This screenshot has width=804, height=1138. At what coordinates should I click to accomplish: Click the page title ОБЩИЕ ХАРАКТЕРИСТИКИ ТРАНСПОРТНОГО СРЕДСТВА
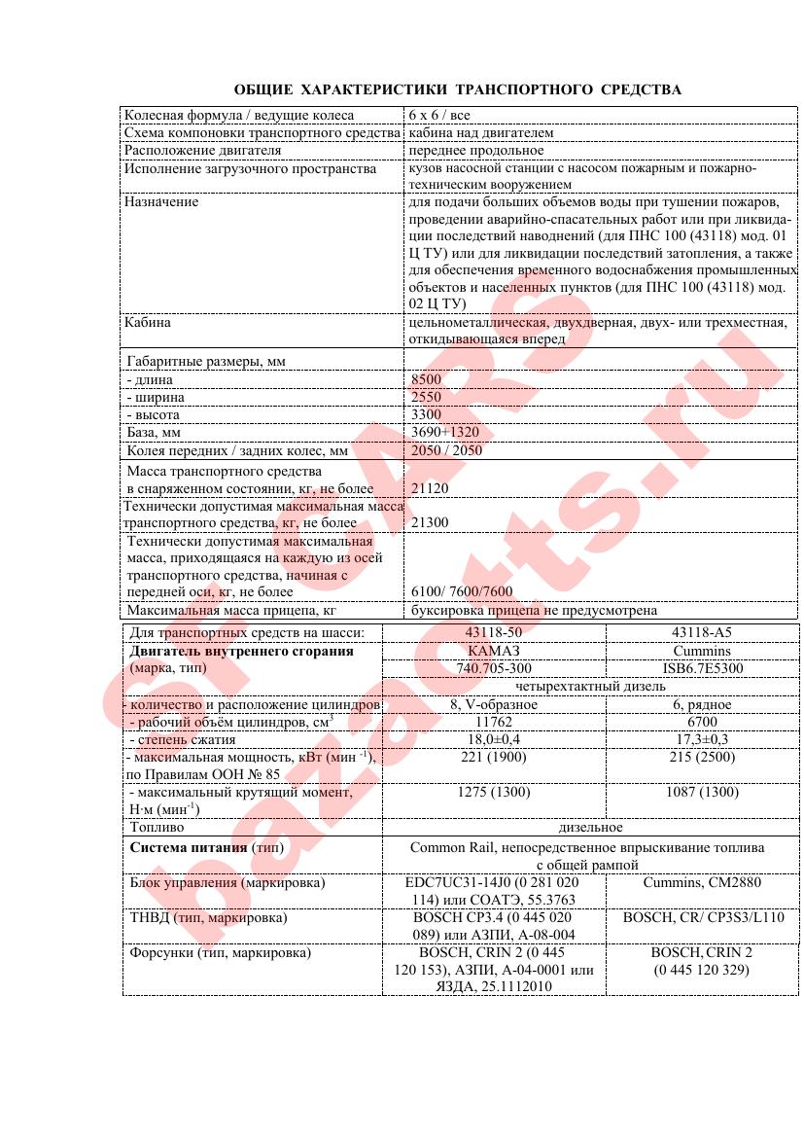coord(457,89)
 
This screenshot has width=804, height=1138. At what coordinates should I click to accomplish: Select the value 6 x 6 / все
coord(439,115)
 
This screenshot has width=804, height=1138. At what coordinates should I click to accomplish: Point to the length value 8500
coord(426,379)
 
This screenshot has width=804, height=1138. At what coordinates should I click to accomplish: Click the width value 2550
coord(426,397)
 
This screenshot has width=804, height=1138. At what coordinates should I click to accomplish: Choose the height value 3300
coord(426,414)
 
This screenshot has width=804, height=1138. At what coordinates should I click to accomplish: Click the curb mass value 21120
coord(430,487)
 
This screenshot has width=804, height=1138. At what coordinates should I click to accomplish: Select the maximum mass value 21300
coord(430,522)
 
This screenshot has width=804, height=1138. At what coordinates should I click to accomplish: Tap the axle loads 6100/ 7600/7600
coord(462,590)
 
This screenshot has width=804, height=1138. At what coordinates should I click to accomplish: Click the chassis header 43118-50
coord(494,632)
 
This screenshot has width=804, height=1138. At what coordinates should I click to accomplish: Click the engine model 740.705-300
coord(494,668)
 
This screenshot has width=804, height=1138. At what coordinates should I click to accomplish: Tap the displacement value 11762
coord(494,723)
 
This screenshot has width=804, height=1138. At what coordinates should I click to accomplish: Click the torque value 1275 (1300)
coord(494,793)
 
